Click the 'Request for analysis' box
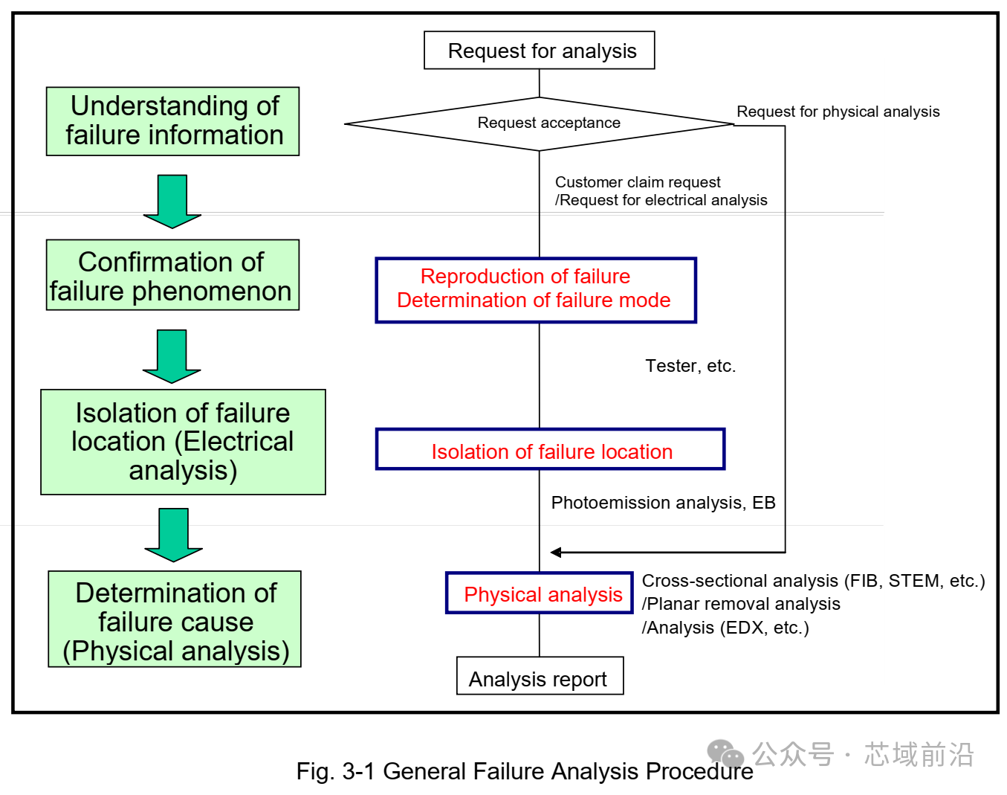539,51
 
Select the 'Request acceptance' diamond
540,123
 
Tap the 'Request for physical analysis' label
838,112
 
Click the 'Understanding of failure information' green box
172,121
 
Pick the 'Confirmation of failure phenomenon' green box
172,275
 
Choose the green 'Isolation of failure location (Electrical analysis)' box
183,442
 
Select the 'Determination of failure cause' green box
175,619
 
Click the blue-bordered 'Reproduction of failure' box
535,290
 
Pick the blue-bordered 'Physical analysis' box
539,593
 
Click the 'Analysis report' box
540,676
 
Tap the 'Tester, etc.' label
690,366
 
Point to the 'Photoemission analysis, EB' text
663,503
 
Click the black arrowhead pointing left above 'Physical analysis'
556,552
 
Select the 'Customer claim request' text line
638,182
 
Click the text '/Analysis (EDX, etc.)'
725,628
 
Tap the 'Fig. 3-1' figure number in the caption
336,771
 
